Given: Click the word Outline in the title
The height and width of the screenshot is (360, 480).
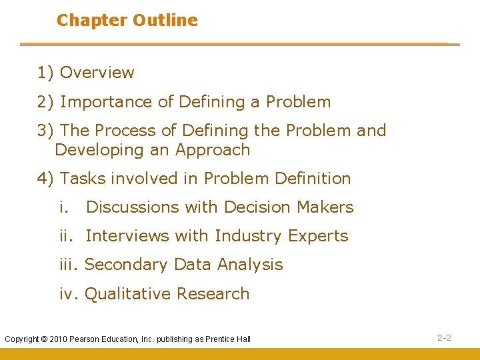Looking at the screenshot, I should click(165, 21).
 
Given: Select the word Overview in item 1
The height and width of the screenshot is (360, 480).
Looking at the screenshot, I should click(97, 73).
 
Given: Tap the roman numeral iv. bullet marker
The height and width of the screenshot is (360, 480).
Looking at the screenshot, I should click(69, 294).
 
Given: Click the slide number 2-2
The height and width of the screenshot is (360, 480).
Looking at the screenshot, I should click(444, 338).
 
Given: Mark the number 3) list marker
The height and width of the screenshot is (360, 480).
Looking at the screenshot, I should click(46, 131).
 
